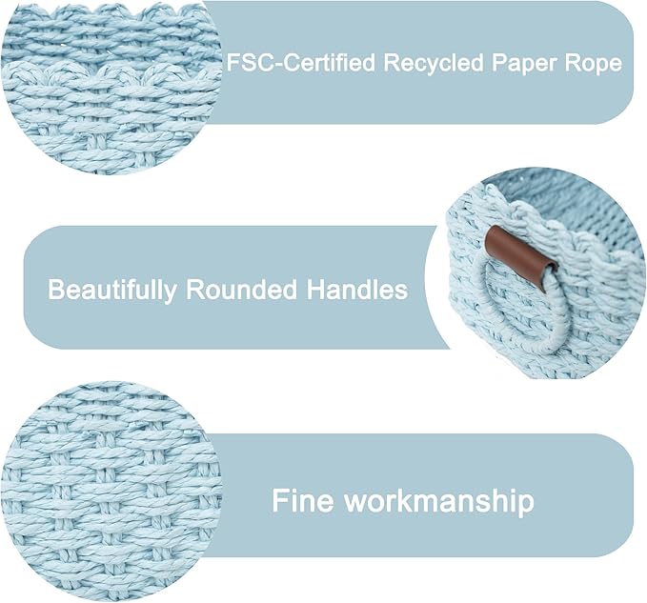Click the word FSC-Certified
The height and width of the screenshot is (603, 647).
tap(301, 63)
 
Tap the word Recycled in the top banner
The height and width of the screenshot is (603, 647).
tap(434, 63)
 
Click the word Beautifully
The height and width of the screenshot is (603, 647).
tap(111, 290)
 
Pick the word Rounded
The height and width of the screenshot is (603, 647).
tap(241, 290)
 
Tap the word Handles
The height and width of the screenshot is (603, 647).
tap(357, 290)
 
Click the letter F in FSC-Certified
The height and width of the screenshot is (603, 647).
tap(233, 63)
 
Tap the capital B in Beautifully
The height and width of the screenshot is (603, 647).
tap(57, 290)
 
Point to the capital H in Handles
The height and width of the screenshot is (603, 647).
tap(315, 290)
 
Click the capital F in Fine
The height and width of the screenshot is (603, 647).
tap(280, 500)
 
